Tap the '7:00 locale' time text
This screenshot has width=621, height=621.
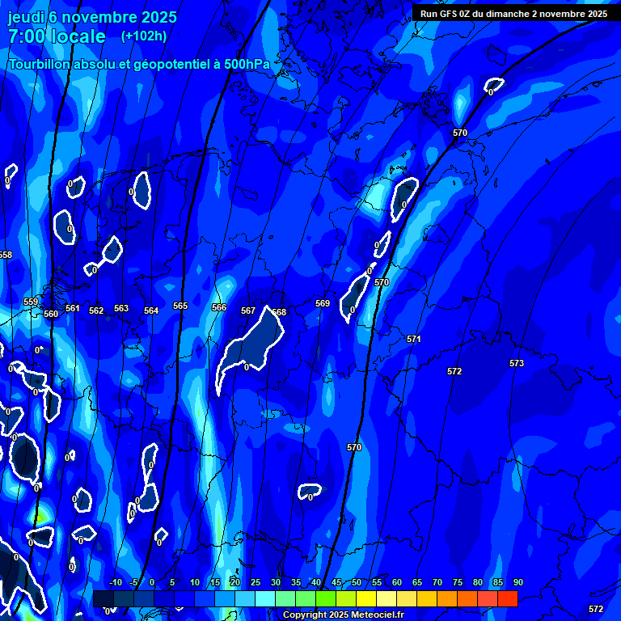[57, 36]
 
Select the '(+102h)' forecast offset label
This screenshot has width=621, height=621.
[144, 36]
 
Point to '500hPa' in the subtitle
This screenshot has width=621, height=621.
[247, 64]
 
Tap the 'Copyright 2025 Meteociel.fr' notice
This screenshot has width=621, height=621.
[343, 615]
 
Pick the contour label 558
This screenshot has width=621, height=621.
[6, 255]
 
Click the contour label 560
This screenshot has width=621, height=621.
[51, 314]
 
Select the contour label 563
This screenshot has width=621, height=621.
[121, 308]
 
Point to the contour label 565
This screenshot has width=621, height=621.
[180, 306]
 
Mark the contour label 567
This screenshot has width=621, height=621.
[248, 310]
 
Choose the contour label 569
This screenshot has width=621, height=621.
[323, 303]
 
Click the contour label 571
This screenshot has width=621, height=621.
[414, 339]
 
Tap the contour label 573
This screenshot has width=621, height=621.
[517, 363]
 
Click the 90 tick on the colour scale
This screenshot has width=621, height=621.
[517, 582]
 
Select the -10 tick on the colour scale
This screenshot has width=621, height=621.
[115, 582]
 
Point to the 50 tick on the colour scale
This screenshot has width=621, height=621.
[357, 582]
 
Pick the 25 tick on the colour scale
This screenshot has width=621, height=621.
[255, 582]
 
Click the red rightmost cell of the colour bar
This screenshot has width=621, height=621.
[507, 598]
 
